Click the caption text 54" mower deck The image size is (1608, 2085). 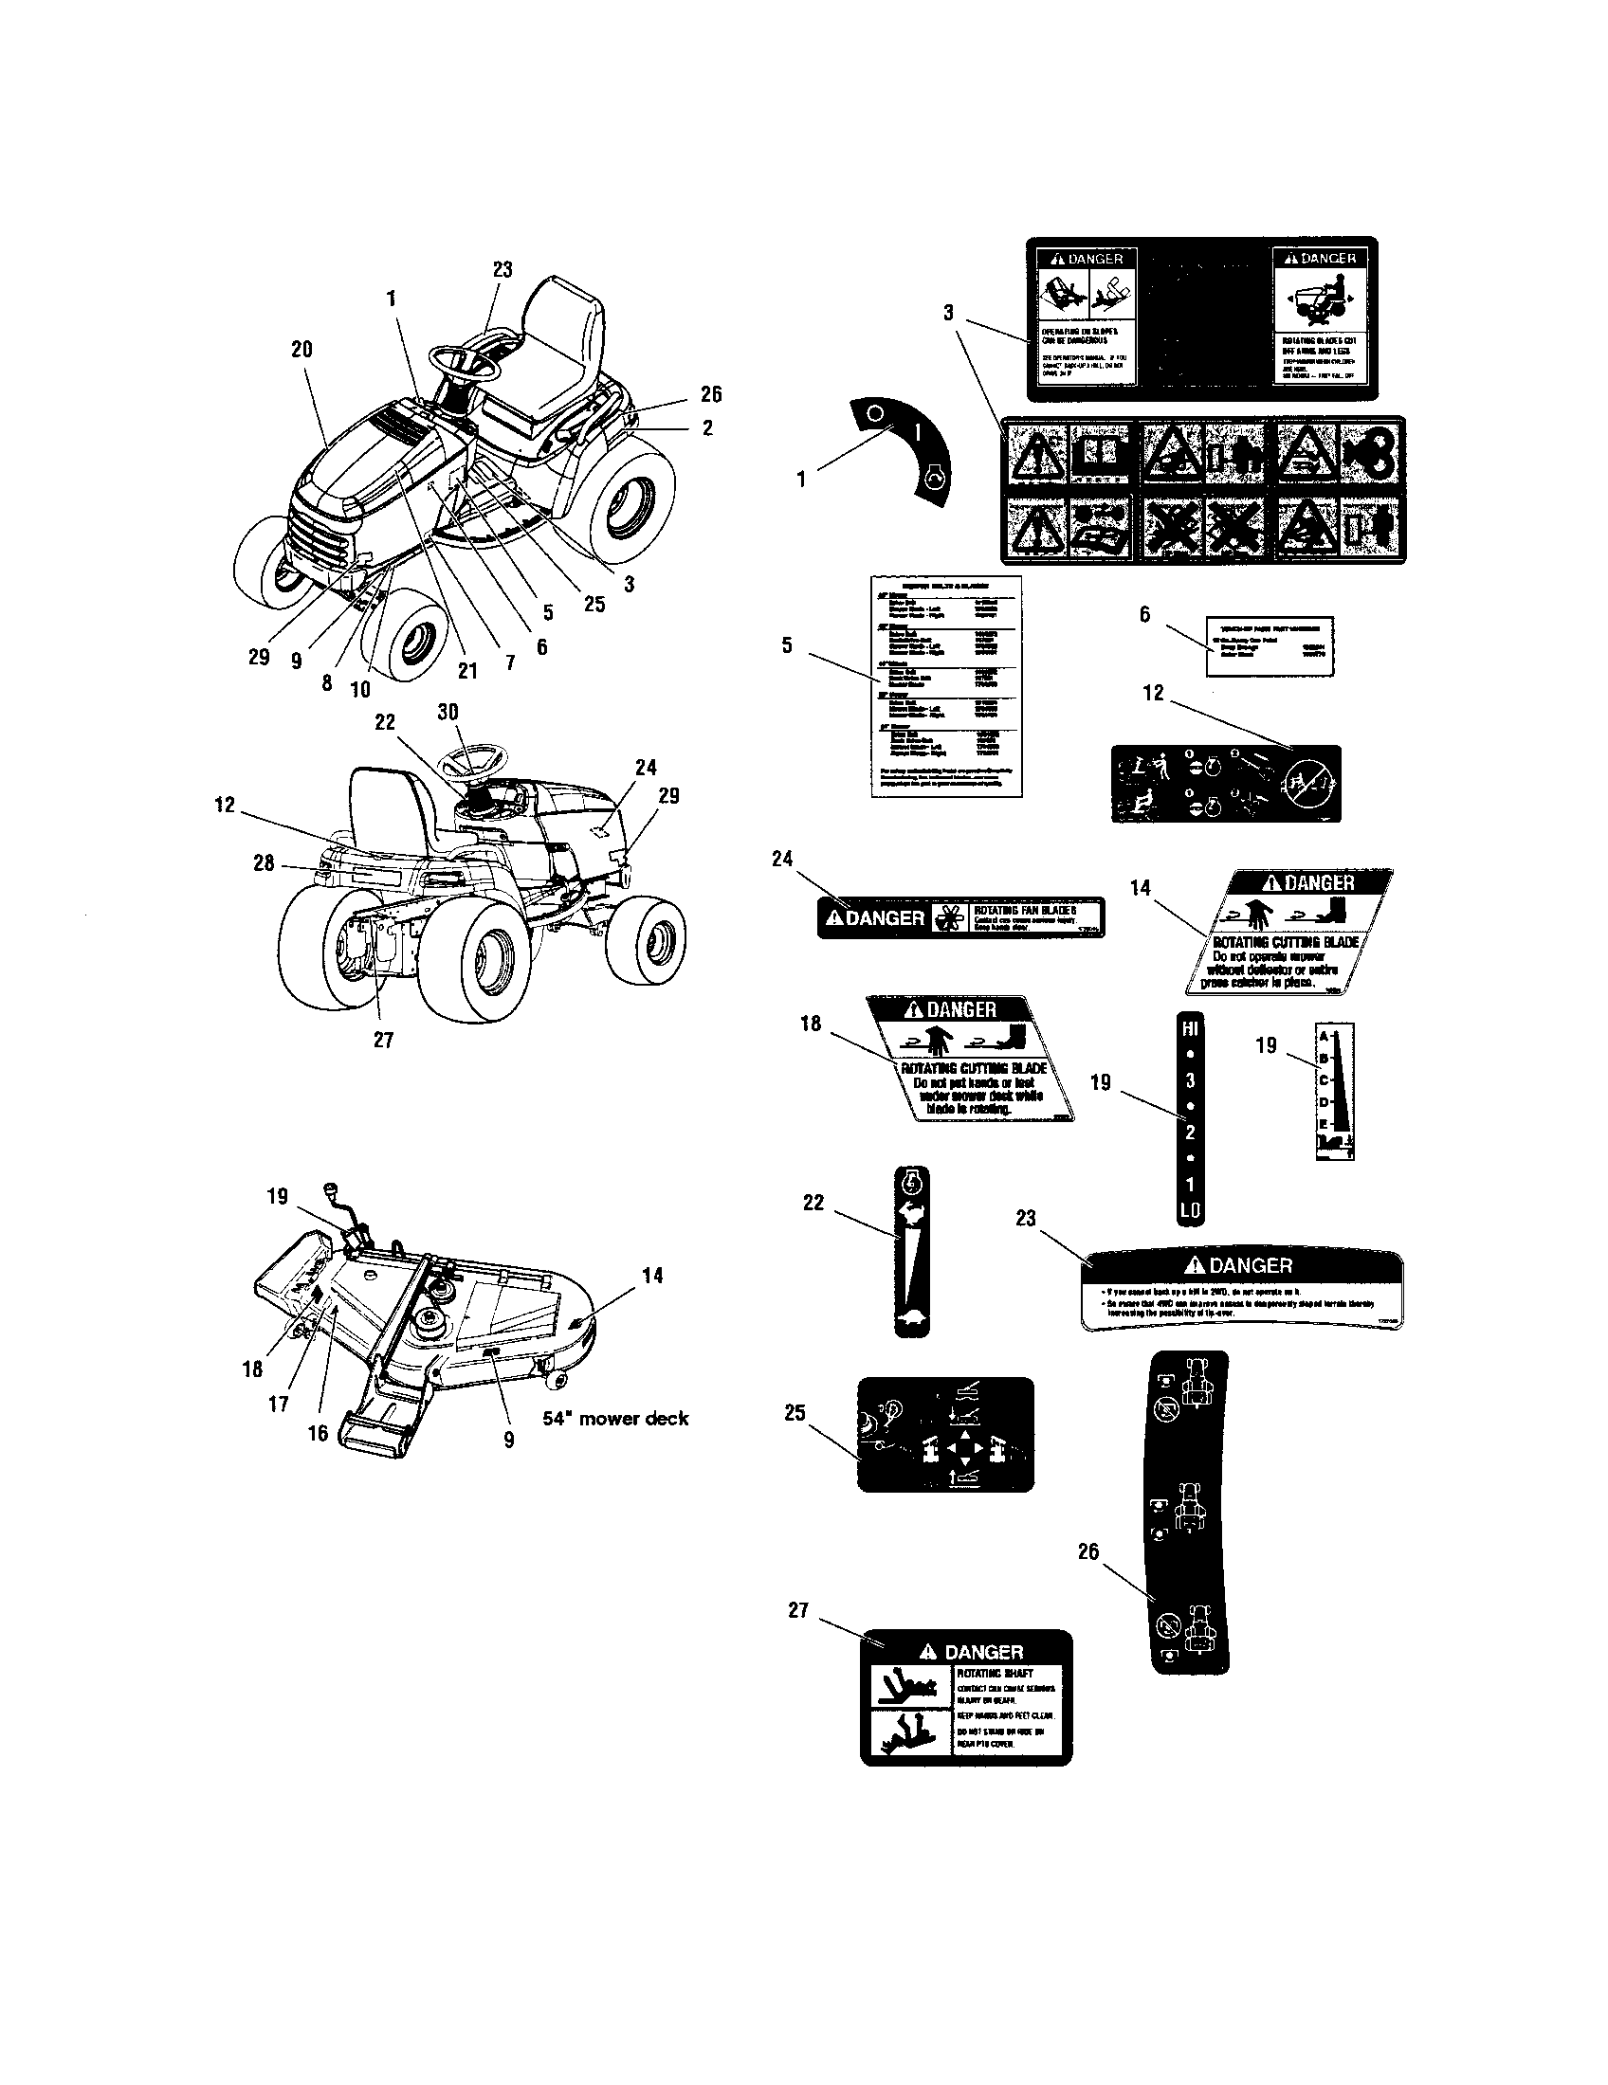615,1418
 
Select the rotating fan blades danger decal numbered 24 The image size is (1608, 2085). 960,917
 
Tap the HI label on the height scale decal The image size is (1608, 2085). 1190,1028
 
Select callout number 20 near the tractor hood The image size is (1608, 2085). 301,350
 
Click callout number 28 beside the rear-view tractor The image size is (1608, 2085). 264,863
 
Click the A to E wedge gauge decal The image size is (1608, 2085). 1335,1090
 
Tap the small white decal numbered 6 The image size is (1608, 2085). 1270,645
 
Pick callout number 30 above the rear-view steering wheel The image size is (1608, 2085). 448,712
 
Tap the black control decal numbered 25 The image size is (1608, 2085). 945,1434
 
